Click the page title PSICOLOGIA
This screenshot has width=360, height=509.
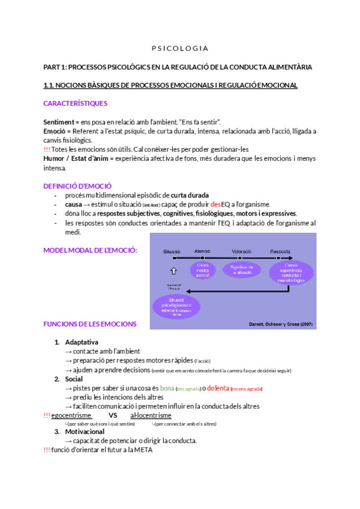179,48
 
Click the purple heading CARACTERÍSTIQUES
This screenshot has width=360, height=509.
76,103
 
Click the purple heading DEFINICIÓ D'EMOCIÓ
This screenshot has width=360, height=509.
77,186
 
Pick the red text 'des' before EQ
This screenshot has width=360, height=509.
216,204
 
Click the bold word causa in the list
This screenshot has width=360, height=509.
73,204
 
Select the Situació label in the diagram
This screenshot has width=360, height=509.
172,251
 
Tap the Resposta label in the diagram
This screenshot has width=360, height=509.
280,251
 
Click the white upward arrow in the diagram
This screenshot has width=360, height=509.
173,271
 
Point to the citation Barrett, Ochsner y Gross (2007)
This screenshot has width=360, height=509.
281,324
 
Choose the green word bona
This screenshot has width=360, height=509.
167,388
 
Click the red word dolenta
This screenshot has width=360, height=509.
218,388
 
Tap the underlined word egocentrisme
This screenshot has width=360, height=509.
71,415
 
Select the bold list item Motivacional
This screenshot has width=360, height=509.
85,432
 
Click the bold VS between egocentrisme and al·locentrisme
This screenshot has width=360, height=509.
112,415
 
